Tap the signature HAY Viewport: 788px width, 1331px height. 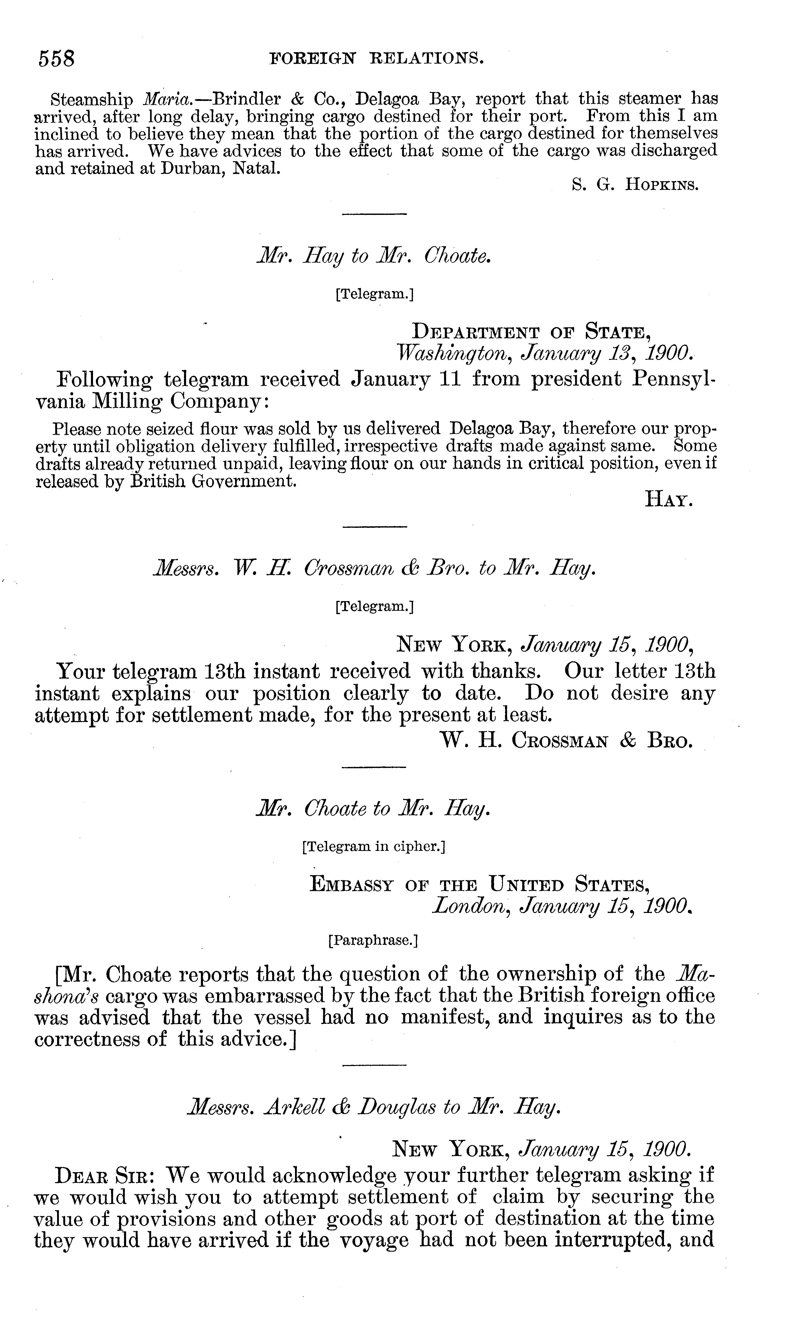(669, 499)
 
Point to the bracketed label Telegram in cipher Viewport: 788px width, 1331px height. (373, 846)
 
